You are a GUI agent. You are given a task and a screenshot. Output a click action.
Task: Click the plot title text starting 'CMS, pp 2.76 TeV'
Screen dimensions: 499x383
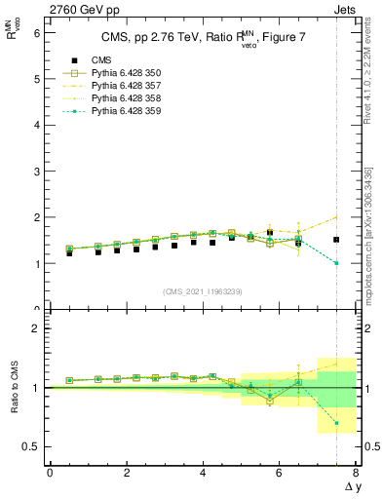click(x=190, y=38)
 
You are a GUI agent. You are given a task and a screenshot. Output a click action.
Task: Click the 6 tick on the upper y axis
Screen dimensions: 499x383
click(x=35, y=32)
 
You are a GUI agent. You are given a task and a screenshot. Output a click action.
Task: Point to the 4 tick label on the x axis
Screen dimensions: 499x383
click(x=203, y=472)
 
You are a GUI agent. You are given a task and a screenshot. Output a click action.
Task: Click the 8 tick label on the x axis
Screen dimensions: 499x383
click(x=356, y=472)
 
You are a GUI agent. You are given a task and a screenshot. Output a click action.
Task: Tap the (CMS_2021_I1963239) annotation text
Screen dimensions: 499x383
click(x=202, y=291)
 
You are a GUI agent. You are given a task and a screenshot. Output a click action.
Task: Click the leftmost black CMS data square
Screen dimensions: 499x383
click(x=69, y=253)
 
